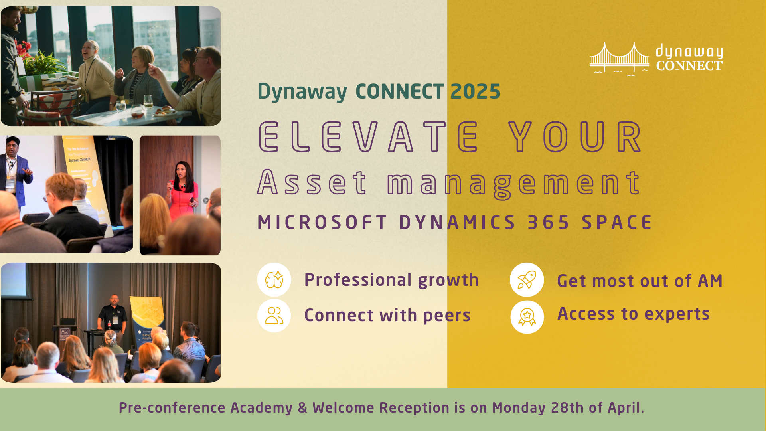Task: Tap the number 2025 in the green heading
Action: [475, 92]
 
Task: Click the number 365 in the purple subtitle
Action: [549, 223]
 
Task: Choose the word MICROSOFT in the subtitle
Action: [322, 223]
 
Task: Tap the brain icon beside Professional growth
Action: [274, 279]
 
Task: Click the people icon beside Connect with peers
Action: [274, 316]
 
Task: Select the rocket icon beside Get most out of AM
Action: [527, 279]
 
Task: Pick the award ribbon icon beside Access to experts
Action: [527, 317]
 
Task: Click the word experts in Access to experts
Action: [677, 314]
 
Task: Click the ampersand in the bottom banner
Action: [302, 408]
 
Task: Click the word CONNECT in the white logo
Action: [689, 66]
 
